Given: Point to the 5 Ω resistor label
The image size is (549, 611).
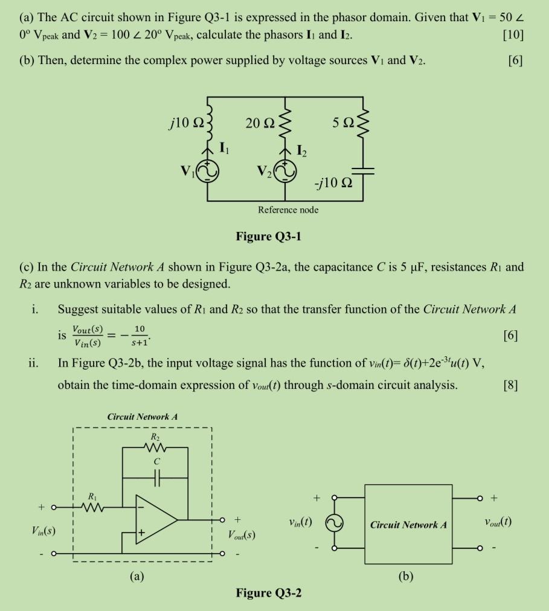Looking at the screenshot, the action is pos(343,123).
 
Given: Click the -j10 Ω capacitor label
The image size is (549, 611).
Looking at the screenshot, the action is pos(333,182).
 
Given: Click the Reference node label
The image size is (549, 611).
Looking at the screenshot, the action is pos(288,210).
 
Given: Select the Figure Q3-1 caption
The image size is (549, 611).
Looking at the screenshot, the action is pos(269,235).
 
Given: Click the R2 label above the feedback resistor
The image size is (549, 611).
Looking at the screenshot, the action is pos(155,435).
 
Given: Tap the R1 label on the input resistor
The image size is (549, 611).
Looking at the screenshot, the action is pos(92,496).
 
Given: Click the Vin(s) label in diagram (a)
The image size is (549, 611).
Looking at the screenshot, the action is pos(44,531).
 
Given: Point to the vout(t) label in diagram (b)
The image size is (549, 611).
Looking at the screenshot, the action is pos(498,522).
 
